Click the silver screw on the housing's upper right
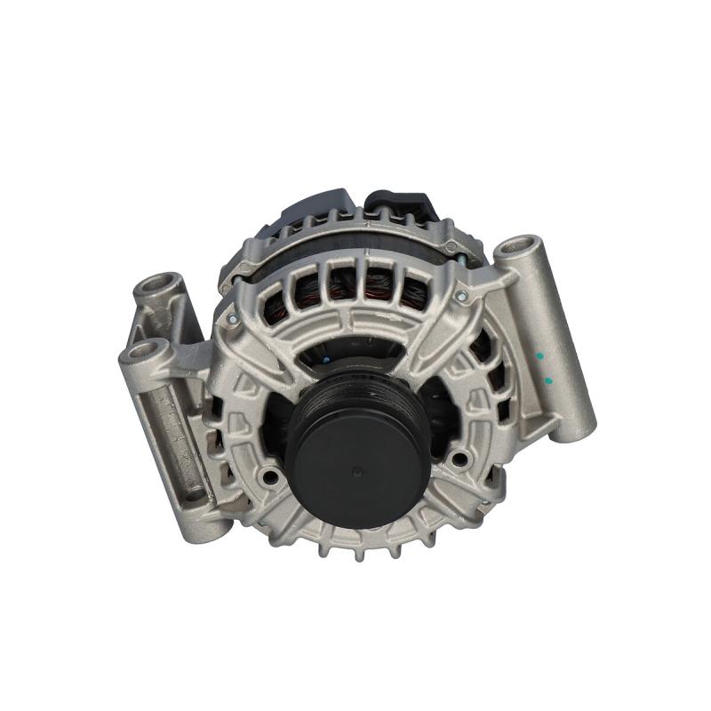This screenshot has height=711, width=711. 460,294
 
